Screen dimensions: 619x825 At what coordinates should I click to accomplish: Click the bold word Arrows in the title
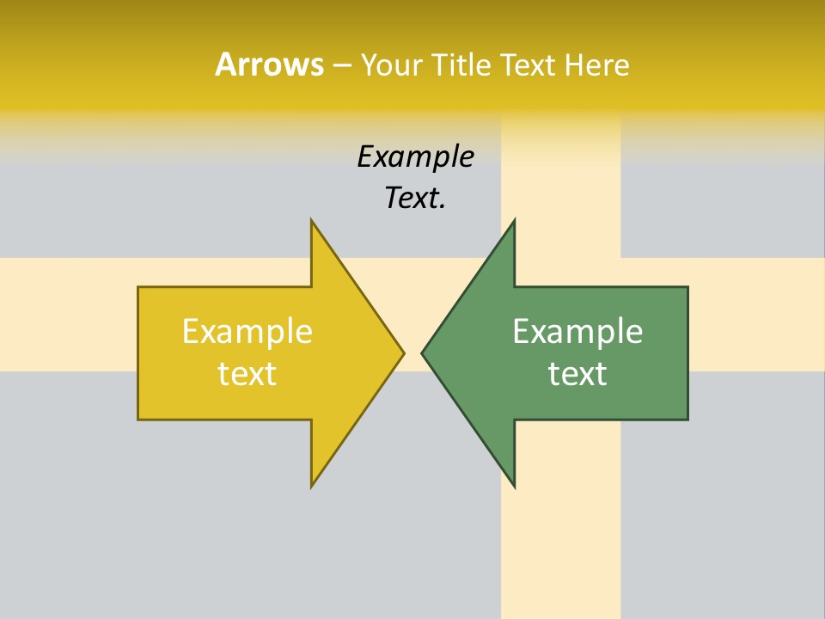269,64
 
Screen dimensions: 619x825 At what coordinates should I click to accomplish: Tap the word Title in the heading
461,64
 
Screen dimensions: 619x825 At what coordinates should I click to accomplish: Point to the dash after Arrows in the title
341,65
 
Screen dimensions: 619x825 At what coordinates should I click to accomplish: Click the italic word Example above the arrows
416,157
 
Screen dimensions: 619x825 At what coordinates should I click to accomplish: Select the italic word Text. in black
415,199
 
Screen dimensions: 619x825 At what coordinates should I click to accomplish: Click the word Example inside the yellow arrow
247,331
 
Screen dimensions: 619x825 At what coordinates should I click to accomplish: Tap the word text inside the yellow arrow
247,374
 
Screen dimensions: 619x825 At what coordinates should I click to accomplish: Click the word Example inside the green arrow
577,331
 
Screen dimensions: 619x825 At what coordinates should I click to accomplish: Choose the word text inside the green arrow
577,374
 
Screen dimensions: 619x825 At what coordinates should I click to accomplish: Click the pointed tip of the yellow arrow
404,352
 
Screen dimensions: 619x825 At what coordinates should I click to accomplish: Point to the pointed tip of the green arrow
422,352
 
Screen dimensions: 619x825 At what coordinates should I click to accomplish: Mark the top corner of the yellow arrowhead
312,220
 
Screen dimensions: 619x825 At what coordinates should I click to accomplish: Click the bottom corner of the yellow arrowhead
312,487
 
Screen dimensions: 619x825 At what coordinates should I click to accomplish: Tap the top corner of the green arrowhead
514,220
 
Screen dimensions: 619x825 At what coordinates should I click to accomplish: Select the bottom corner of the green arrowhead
514,487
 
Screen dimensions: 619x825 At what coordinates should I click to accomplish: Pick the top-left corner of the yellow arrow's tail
138,287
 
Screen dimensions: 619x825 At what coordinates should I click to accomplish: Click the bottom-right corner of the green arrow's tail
687,419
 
